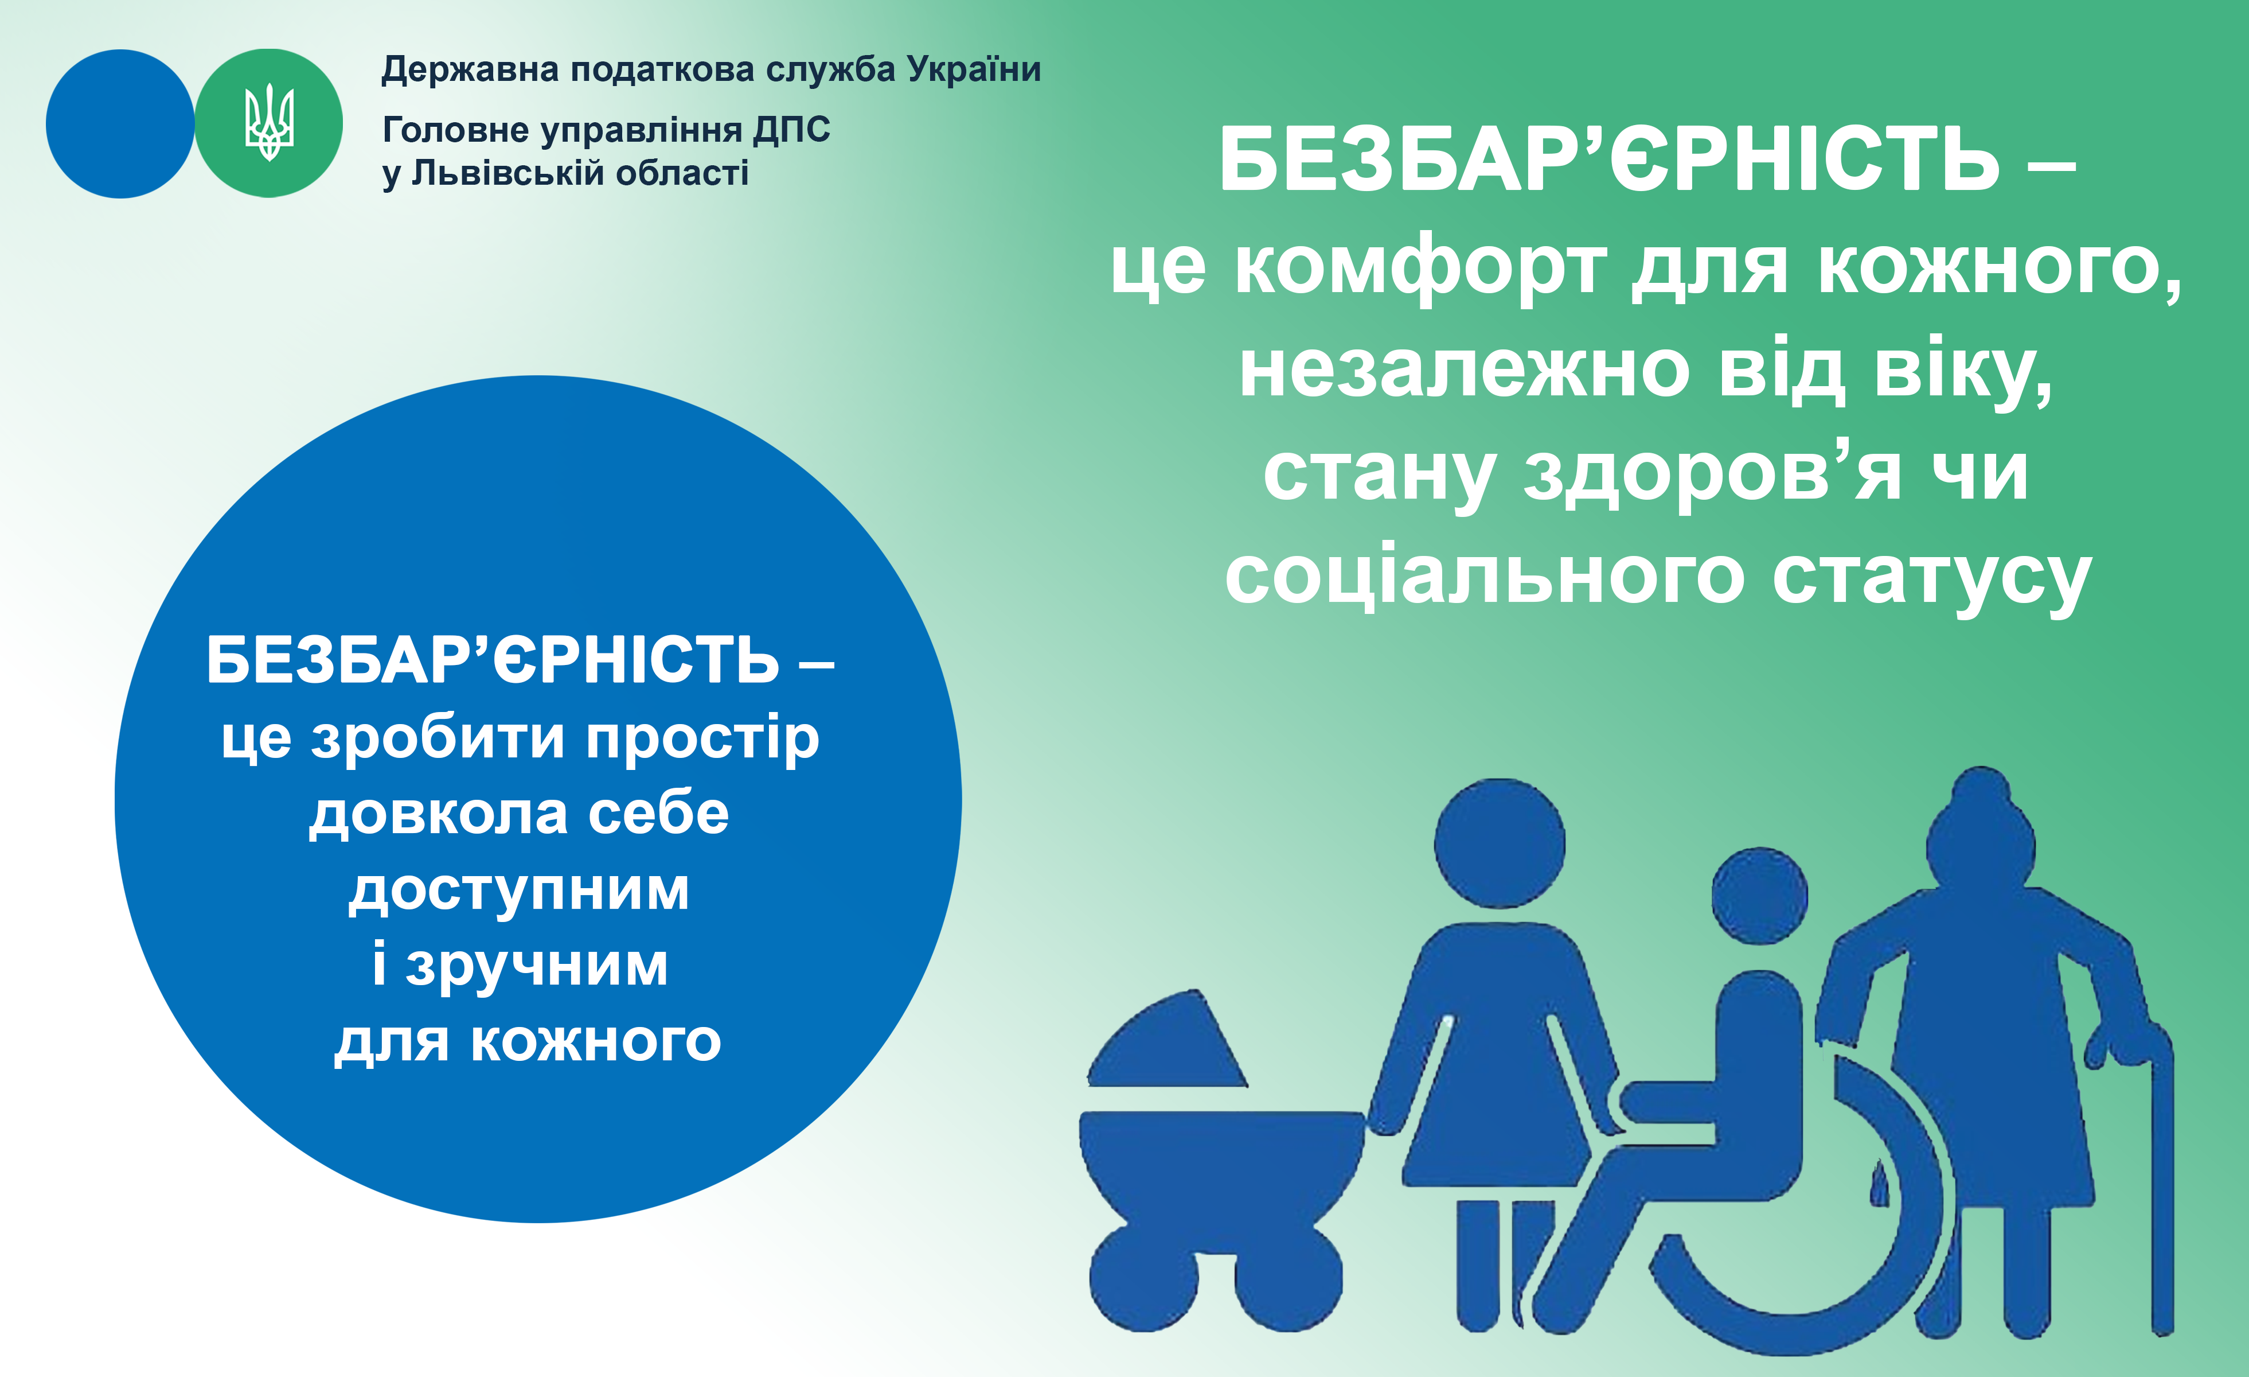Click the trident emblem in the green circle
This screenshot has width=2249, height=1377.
pos(270,122)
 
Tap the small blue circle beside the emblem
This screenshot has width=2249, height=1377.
pos(120,123)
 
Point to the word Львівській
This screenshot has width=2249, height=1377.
pos(506,173)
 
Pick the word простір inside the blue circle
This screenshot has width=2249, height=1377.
pos(703,740)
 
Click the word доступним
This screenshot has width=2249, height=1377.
pos(518,891)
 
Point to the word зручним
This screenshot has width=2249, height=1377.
pos(538,966)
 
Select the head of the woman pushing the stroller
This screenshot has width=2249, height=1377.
pos(1500,843)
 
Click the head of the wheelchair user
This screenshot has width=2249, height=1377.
pos(1760,896)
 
